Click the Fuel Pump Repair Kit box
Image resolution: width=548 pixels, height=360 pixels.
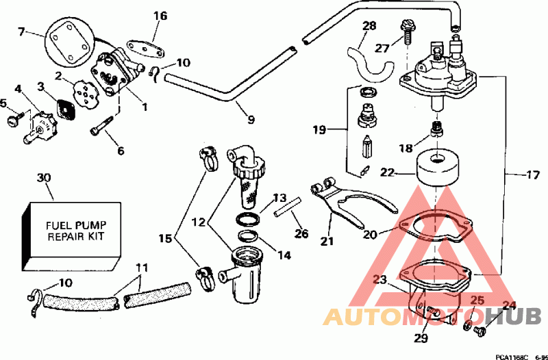(x=72, y=236)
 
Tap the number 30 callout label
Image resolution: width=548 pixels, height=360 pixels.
(x=44, y=178)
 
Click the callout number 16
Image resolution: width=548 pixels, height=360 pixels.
(x=160, y=16)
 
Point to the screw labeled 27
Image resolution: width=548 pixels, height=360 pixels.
(x=406, y=32)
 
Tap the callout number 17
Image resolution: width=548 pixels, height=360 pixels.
(x=534, y=175)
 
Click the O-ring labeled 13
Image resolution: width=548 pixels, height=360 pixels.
(x=248, y=220)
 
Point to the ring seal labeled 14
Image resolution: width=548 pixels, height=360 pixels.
(x=248, y=235)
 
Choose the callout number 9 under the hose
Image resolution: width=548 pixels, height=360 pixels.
(x=251, y=120)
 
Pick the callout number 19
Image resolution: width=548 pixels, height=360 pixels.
(x=319, y=130)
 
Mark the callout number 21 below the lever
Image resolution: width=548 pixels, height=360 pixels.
(x=327, y=241)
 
